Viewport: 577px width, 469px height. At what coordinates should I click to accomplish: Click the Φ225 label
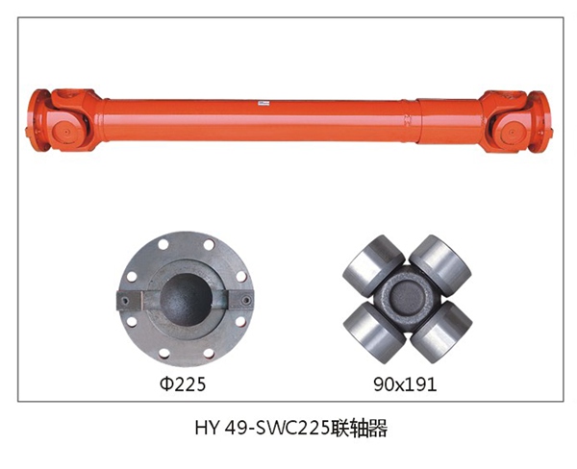(x=181, y=385)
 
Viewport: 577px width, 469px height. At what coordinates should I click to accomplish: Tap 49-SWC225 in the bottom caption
(x=278, y=429)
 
